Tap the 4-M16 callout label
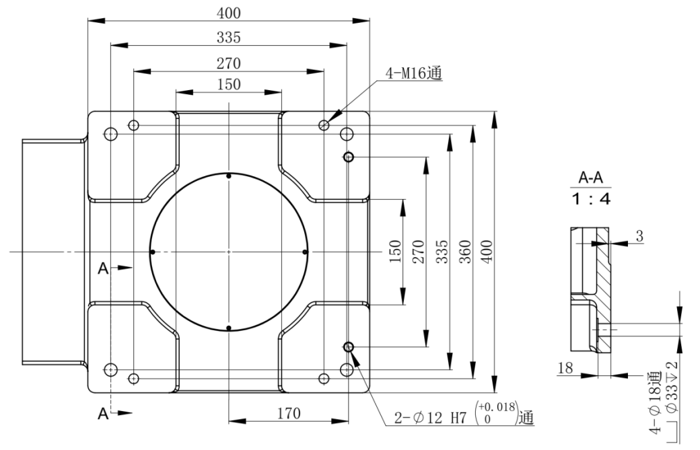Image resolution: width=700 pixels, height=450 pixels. pos(413,73)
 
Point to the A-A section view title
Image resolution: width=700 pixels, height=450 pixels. pos(592,179)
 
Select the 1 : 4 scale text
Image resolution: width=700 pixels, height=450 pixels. pos(592,200)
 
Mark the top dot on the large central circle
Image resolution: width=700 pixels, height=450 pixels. pos(229,176)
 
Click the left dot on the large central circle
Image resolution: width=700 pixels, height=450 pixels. pos(153,252)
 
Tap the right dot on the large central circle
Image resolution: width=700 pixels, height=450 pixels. pos(305,252)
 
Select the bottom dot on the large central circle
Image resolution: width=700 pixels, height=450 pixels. pos(229,328)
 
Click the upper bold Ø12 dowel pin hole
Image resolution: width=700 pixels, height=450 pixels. pos(349,157)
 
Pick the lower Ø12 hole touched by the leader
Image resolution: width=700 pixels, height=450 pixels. pos(349,347)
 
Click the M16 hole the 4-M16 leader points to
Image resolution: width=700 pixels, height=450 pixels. pos(325,124)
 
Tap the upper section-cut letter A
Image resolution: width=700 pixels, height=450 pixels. pos(102,268)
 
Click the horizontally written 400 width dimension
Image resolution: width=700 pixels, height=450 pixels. pos(229,13)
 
